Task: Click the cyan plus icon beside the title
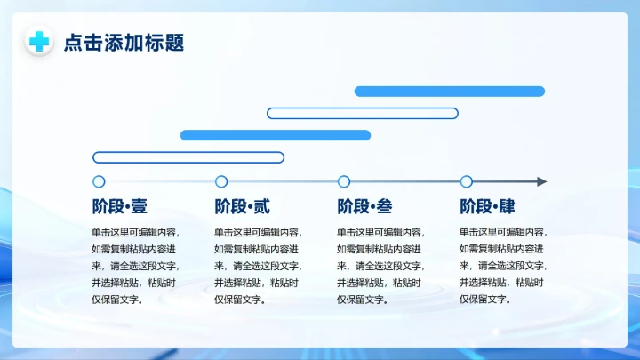(39, 42)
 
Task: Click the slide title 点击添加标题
(124, 43)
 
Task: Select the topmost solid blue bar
(449, 92)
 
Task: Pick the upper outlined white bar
(363, 113)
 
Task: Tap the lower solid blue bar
(276, 135)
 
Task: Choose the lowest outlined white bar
(188, 157)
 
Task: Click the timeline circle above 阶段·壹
(99, 181)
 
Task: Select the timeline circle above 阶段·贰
(221, 181)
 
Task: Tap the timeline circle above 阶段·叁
(344, 181)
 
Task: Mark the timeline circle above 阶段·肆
(467, 181)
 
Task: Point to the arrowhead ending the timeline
(541, 181)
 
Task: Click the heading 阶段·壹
(120, 207)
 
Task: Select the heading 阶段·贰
(242, 207)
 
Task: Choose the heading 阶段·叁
(364, 207)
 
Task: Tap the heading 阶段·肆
(487, 207)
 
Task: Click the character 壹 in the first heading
(139, 207)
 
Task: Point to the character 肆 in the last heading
(507, 207)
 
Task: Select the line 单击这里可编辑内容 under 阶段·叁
(380, 232)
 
